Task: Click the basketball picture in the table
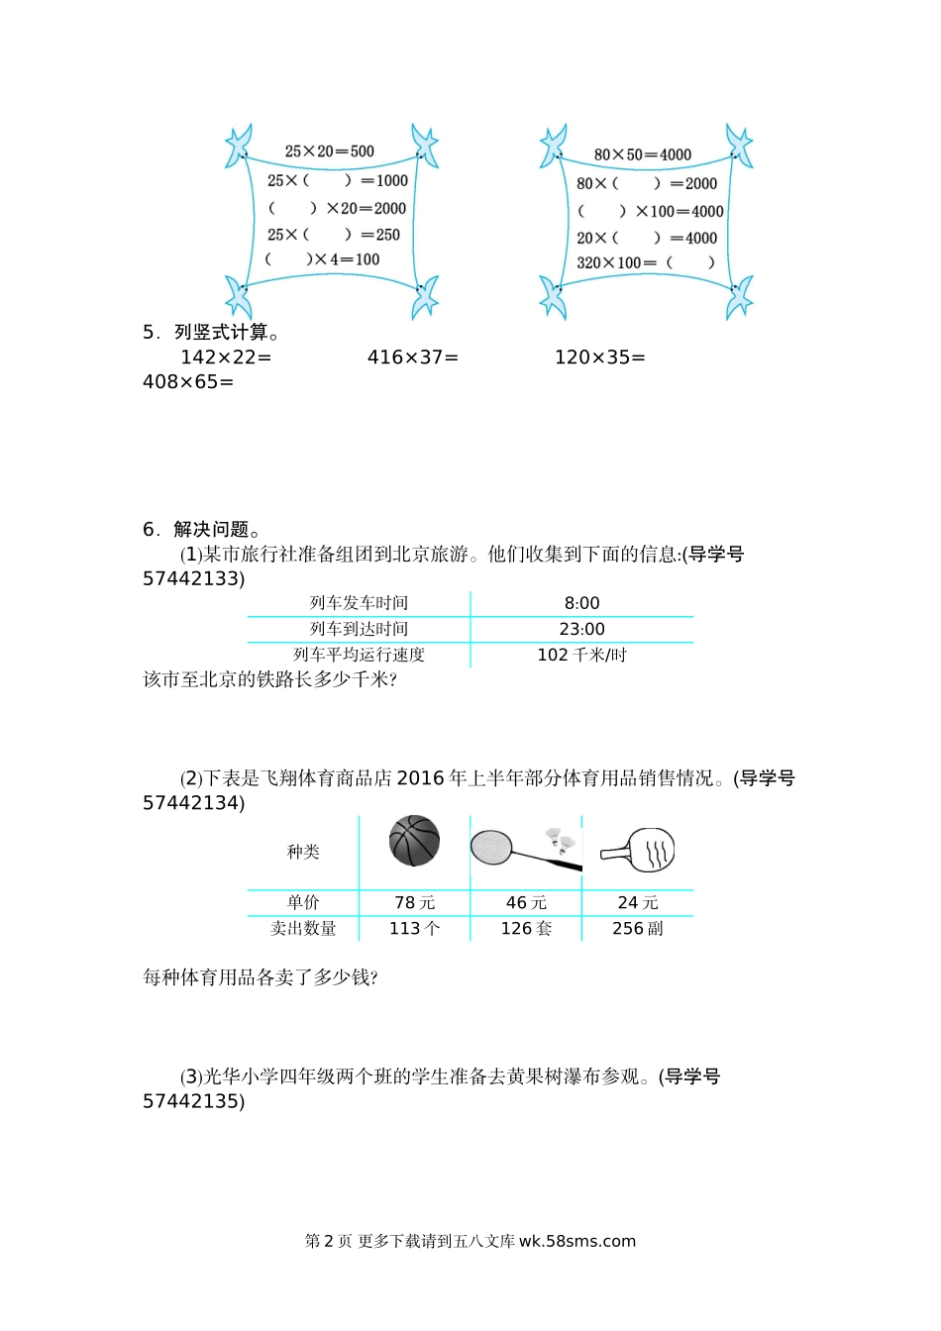click(x=414, y=841)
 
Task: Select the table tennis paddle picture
click(x=638, y=850)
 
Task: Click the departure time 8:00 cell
click(x=581, y=603)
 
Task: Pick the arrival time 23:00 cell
click(x=581, y=629)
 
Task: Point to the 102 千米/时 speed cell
click(x=581, y=655)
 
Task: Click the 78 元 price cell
click(x=414, y=902)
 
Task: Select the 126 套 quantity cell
click(x=526, y=928)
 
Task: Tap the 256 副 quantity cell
click(x=638, y=928)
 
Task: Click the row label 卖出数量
click(x=303, y=928)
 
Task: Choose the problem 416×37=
click(x=412, y=357)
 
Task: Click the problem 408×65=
click(x=188, y=381)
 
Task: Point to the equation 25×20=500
click(x=329, y=152)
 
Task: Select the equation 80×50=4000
click(x=642, y=154)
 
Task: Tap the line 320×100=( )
click(x=645, y=262)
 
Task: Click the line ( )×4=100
click(x=322, y=259)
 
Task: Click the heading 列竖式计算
click(x=221, y=332)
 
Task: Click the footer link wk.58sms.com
click(x=576, y=1241)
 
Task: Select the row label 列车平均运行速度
click(x=359, y=655)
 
